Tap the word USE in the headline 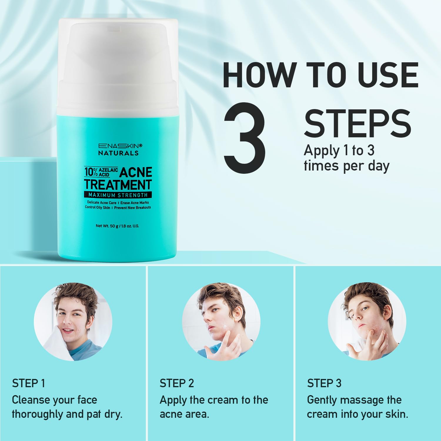pos(388,75)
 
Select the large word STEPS pos(358,123)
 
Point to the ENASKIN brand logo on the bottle pos(120,146)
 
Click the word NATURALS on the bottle pos(118,153)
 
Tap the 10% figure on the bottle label pos(91,172)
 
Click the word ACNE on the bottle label pos(136,172)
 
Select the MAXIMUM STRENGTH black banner pos(118,195)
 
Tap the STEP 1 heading pos(29,383)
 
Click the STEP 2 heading pos(177,383)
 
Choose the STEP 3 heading pos(324,383)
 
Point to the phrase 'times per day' pos(347,166)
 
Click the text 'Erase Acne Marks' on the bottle pos(135,203)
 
